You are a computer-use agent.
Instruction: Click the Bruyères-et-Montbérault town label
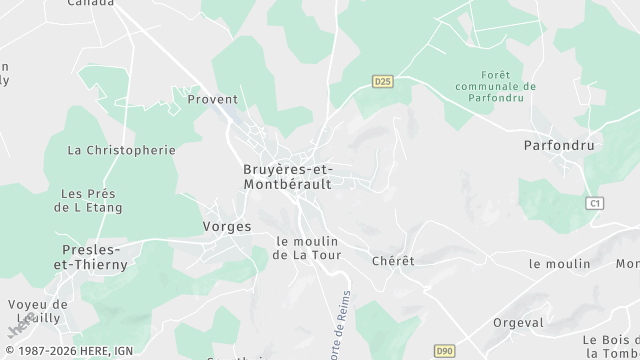click(x=288, y=176)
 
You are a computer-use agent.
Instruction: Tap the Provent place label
click(x=213, y=99)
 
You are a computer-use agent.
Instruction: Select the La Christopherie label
click(x=121, y=150)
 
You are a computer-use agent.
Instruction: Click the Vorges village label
click(x=227, y=227)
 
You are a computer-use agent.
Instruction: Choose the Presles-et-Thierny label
click(x=91, y=257)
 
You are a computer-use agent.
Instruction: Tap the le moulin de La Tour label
click(x=307, y=248)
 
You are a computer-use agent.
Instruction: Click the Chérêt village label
click(x=392, y=261)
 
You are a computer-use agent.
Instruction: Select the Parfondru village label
click(x=559, y=145)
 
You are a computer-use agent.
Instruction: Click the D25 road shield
click(x=382, y=81)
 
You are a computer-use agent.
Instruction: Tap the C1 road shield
click(x=596, y=203)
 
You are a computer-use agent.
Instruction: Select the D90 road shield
click(x=445, y=351)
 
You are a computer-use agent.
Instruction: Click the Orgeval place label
click(x=519, y=323)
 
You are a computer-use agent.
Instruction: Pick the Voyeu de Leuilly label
click(x=37, y=311)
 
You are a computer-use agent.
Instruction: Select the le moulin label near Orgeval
click(x=560, y=263)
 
